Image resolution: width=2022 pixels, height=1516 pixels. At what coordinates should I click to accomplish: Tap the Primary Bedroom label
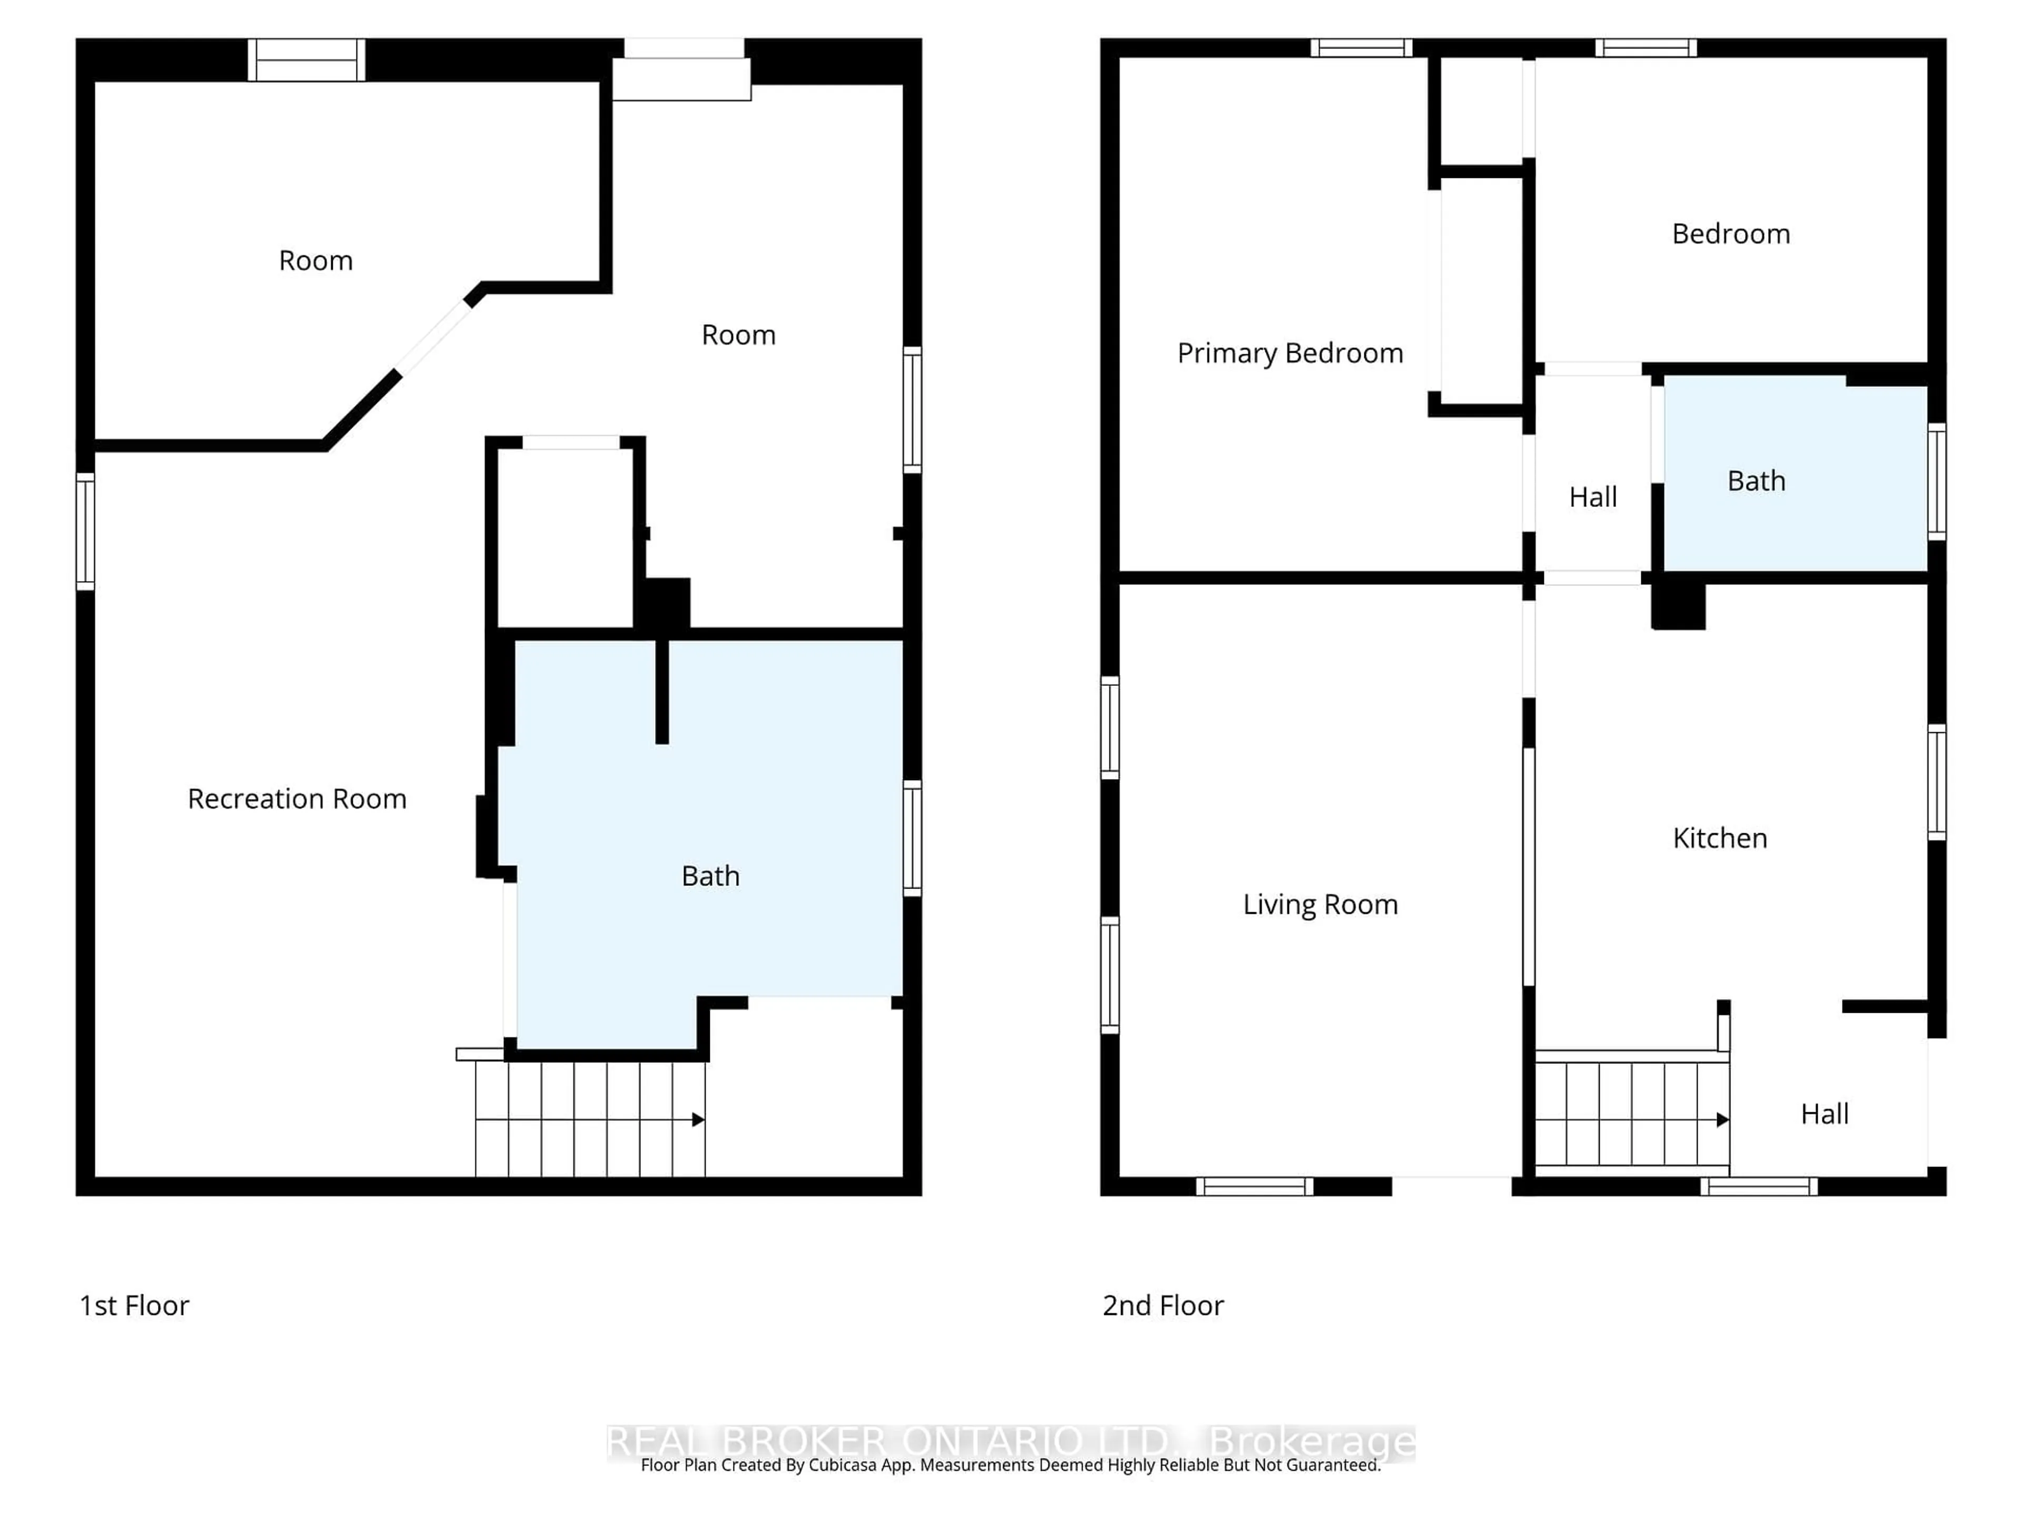(x=1289, y=353)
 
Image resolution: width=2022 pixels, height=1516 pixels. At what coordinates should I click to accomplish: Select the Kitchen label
(x=1719, y=838)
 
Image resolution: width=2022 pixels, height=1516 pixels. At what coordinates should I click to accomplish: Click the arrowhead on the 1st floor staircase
(x=698, y=1120)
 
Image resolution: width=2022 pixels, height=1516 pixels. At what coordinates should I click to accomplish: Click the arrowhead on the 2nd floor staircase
(x=1722, y=1120)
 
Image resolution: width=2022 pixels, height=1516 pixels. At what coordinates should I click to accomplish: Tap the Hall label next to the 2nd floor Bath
(x=1592, y=497)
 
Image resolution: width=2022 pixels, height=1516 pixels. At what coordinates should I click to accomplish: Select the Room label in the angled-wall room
(x=315, y=261)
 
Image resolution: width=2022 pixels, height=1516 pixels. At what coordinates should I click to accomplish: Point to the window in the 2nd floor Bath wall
(x=1936, y=482)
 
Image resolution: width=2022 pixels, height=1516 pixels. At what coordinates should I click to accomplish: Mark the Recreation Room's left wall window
(x=85, y=531)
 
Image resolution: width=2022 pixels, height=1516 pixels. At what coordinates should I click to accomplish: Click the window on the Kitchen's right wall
(x=1936, y=781)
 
